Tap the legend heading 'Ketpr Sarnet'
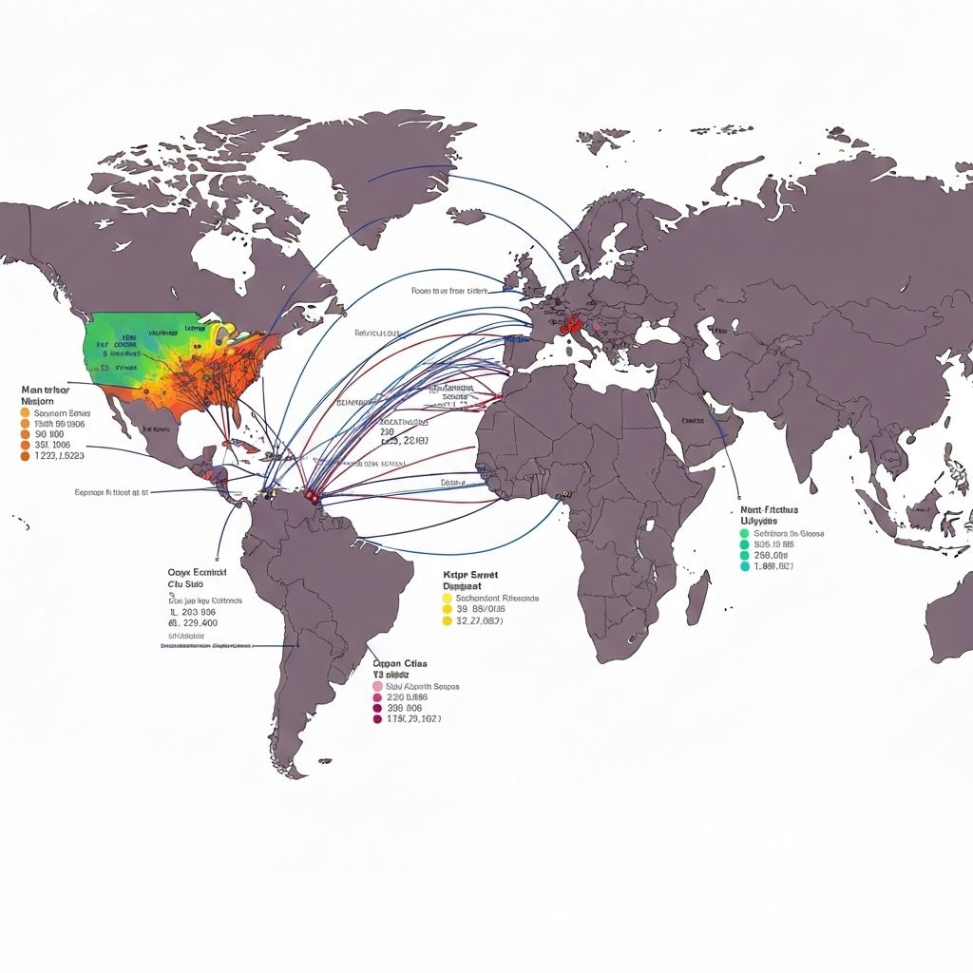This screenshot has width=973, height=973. point(470,575)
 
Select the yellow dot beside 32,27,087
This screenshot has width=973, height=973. point(447,621)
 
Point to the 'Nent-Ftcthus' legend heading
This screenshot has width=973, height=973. point(767,510)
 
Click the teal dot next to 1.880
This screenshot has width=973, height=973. point(745,566)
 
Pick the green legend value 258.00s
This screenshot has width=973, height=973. point(771,555)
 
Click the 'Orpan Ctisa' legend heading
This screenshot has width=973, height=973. point(400,664)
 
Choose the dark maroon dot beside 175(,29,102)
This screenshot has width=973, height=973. point(378,719)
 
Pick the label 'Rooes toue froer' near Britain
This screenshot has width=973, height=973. point(448,291)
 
